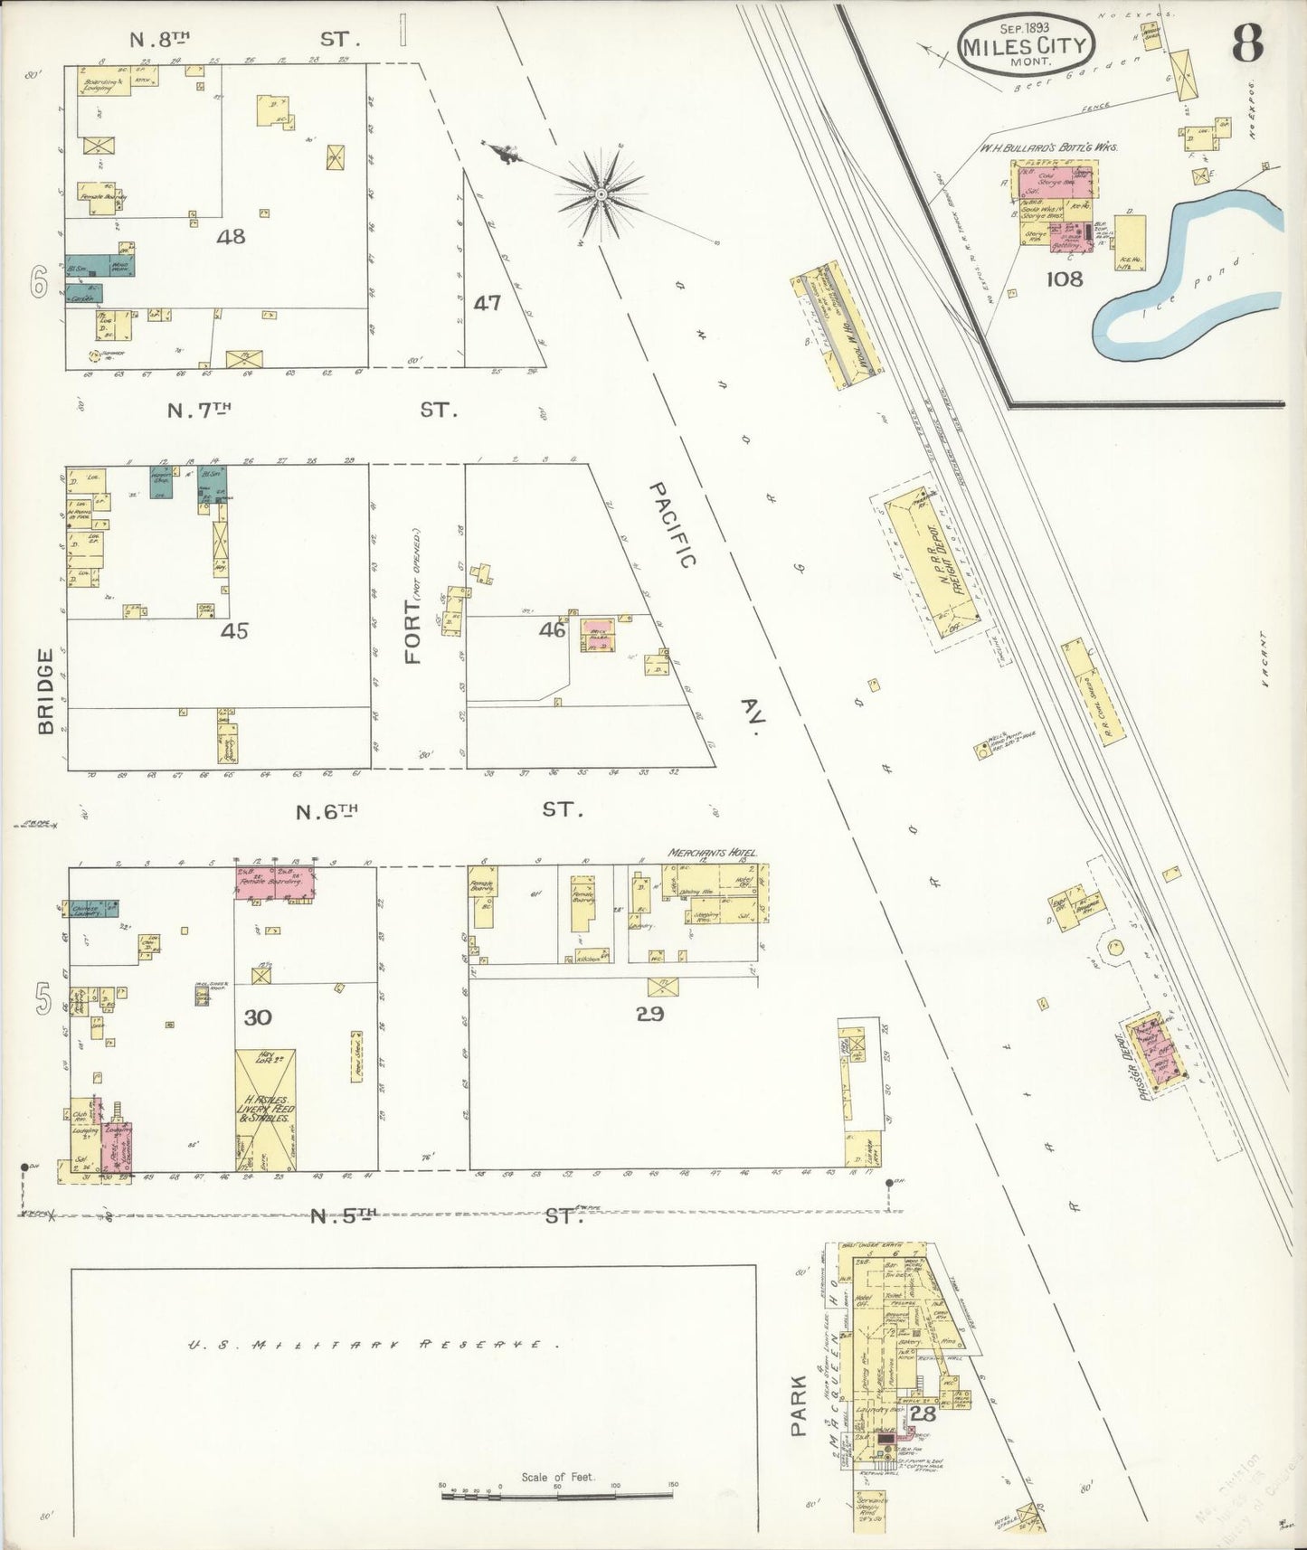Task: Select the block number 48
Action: point(232,238)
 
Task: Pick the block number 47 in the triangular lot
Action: point(487,304)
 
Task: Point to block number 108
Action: point(1064,279)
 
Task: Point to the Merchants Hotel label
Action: point(712,853)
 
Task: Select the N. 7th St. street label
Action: point(199,410)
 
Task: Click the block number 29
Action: point(650,1014)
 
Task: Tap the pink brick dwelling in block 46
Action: point(597,635)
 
